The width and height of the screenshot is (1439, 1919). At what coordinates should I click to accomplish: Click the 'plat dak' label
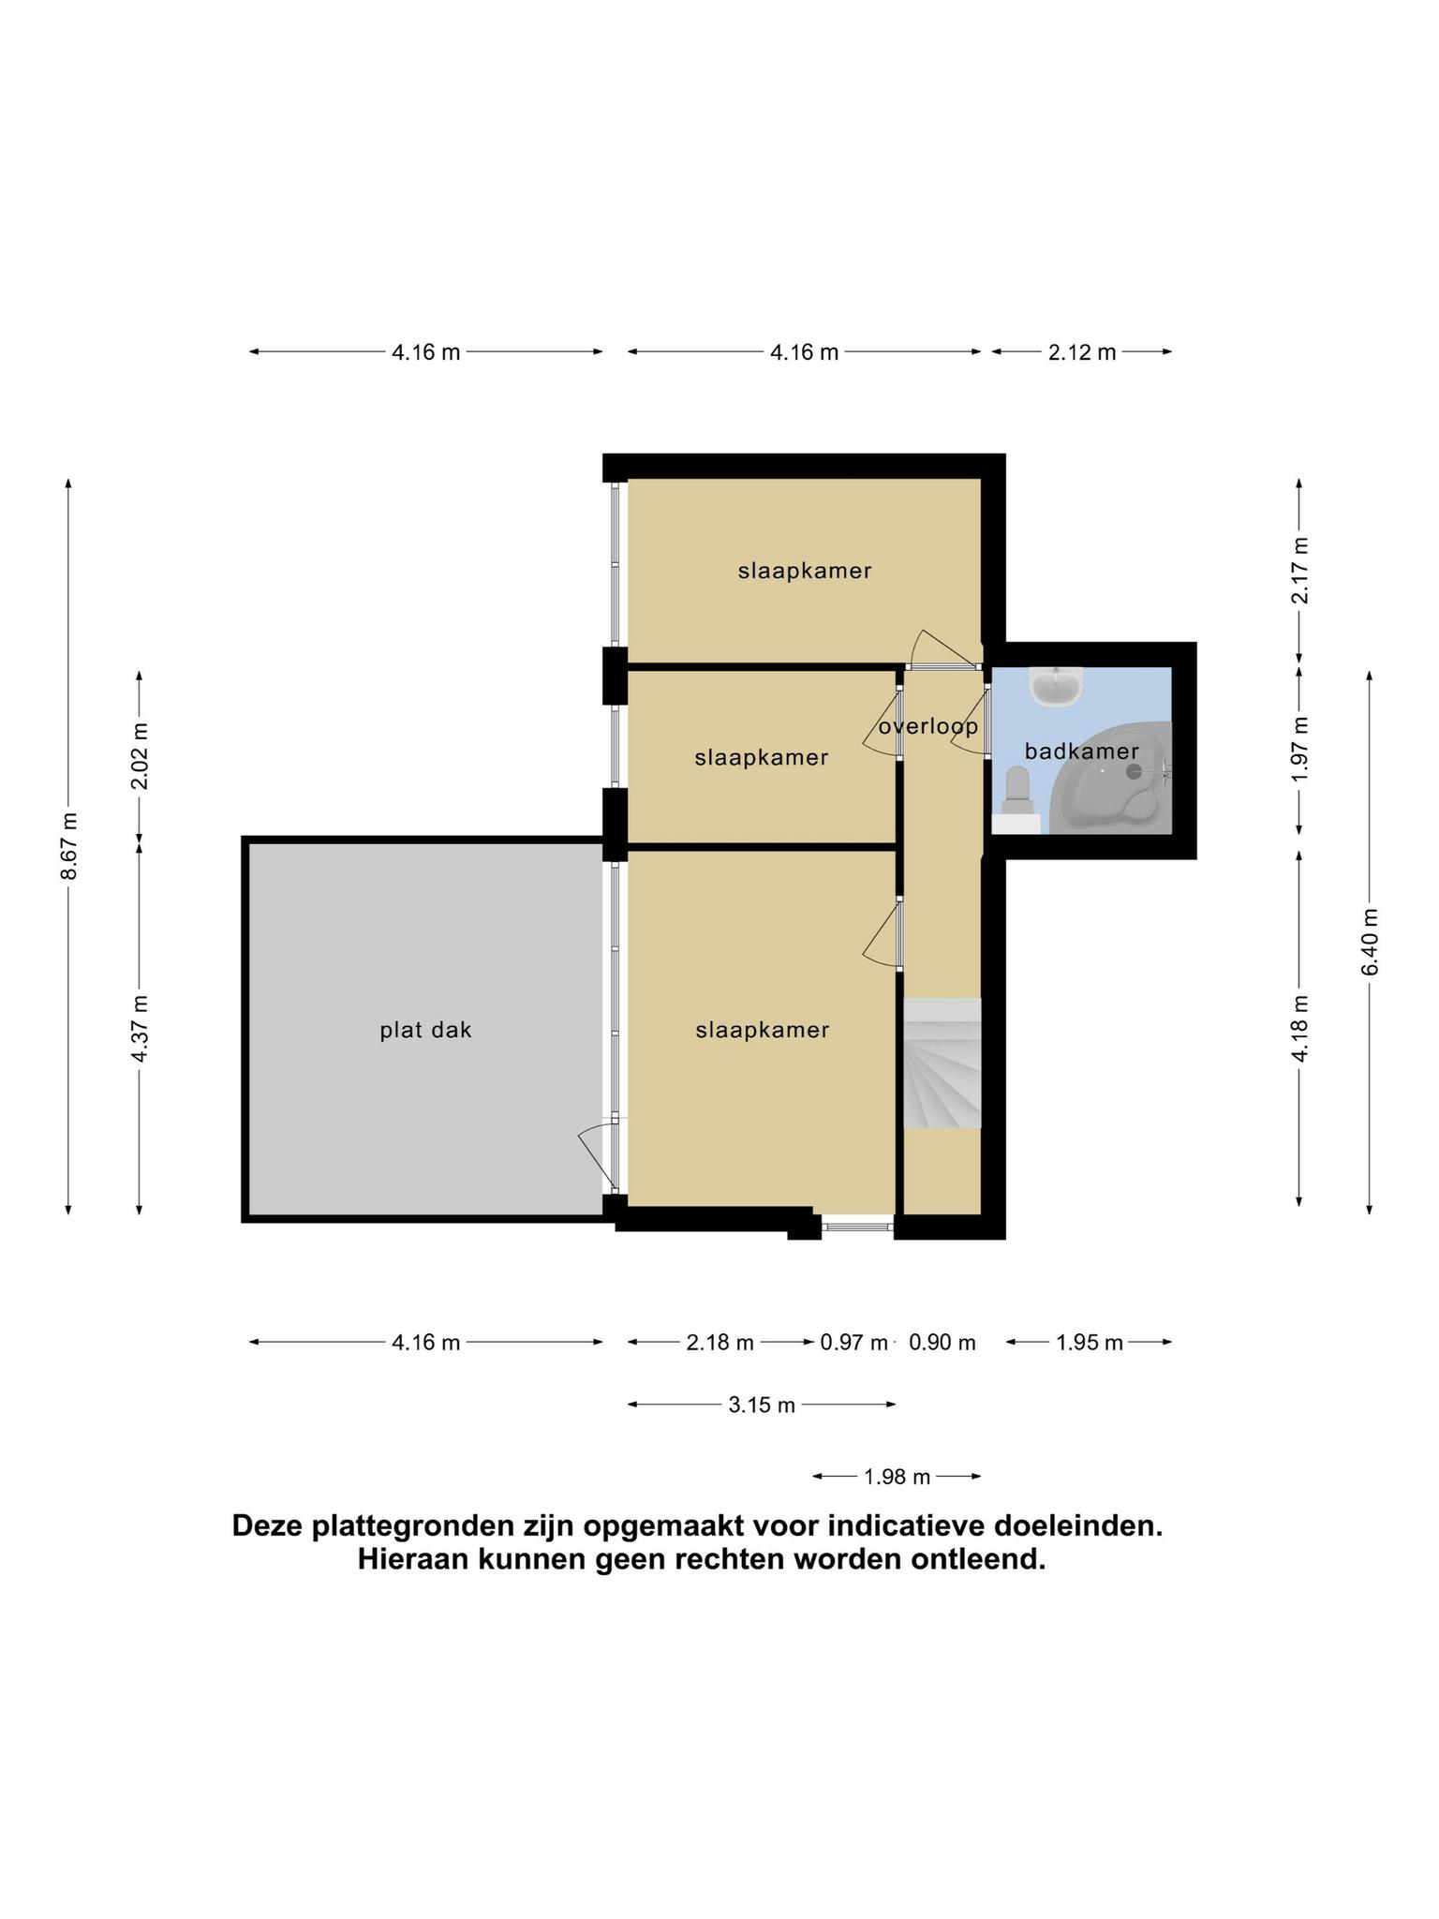tap(425, 1031)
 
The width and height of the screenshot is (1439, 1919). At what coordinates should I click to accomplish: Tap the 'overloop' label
tap(928, 727)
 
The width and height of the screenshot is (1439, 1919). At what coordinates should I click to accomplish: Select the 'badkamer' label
tap(1082, 751)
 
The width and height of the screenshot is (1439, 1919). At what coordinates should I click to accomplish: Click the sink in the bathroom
tap(1056, 686)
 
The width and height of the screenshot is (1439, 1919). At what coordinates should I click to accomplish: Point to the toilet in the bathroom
tap(1017, 790)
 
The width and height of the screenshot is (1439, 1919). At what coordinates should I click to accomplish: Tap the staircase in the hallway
tap(942, 1064)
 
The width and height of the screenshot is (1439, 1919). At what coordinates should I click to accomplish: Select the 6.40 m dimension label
tap(1370, 942)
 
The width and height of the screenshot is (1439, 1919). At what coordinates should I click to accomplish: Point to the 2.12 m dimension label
tap(1082, 352)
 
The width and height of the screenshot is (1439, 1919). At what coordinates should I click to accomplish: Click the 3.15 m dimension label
tap(762, 1405)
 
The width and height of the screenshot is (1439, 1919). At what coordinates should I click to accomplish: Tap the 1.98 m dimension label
tap(897, 1477)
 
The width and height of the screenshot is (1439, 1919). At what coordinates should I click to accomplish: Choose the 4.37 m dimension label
tap(140, 1028)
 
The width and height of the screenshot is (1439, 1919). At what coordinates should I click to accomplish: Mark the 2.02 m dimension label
tap(140, 755)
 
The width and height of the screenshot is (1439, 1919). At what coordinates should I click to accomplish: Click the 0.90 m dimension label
tap(942, 1343)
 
